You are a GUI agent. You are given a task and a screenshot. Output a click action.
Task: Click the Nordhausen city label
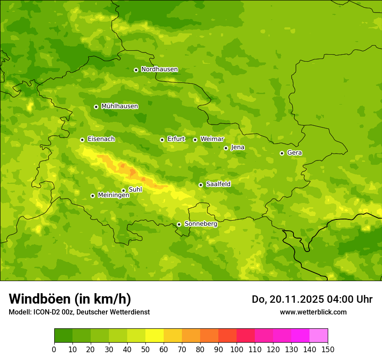[x=159, y=69]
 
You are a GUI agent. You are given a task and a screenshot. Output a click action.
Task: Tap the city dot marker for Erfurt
[x=162, y=140]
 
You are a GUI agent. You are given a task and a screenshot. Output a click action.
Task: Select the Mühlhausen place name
[x=119, y=106]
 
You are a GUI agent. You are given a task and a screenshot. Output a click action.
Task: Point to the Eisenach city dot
[x=82, y=140]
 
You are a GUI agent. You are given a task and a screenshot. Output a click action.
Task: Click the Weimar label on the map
[x=212, y=139]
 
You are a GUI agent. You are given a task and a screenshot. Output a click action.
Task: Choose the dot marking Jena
[x=226, y=148]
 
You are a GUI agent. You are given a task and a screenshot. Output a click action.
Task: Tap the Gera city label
[x=294, y=153]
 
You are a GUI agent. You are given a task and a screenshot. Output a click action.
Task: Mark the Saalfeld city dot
[x=201, y=185]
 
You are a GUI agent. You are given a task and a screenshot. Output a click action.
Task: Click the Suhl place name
[x=135, y=190]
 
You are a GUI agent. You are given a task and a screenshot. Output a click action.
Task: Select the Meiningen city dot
[x=92, y=196]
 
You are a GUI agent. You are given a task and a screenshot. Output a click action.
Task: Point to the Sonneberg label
[x=201, y=224]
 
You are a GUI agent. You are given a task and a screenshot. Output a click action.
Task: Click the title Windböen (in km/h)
[x=70, y=299]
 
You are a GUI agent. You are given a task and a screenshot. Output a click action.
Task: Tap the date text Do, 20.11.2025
[x=289, y=299]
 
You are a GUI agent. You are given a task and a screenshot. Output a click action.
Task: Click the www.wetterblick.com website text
[x=313, y=312]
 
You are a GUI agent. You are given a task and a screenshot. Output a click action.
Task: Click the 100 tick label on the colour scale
[x=237, y=349]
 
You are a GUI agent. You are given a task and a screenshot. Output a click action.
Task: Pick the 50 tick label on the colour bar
[x=145, y=349]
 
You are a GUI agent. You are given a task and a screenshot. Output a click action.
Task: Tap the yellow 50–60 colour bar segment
[x=155, y=336]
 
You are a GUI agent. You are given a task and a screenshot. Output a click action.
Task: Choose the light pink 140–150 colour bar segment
[x=319, y=336]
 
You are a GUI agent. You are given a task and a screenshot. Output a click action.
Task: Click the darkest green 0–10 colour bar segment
[x=63, y=336]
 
